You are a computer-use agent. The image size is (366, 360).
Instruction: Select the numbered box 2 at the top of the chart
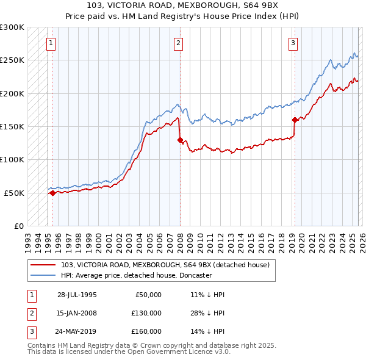pos(178,43)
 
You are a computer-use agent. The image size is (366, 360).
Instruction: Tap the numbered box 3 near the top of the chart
pos(293,43)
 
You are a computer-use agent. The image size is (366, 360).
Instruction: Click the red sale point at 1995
pos(52,193)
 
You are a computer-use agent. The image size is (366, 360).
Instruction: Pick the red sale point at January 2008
pos(180,140)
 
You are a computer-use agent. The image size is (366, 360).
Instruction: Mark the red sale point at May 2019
pos(295,120)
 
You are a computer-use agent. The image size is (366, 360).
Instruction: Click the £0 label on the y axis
pos(18,226)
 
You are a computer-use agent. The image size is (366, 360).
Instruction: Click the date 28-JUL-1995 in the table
pos(77,295)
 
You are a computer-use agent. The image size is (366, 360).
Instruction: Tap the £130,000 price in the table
pos(146,313)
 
